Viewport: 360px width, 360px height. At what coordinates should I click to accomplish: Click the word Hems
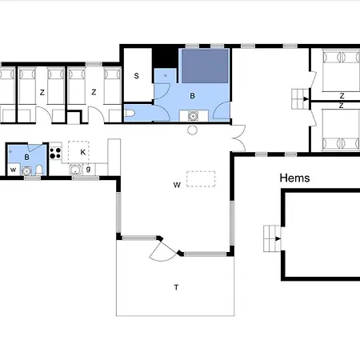coord(294,178)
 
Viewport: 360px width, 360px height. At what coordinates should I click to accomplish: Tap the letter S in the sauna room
coord(137,76)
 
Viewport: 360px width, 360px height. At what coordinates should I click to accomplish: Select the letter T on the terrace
coord(176,287)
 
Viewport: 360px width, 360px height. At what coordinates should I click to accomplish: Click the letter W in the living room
coord(177,185)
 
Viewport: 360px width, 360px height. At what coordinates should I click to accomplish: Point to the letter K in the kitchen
coord(83,152)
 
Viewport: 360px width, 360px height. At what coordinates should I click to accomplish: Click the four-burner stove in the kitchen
coord(55,154)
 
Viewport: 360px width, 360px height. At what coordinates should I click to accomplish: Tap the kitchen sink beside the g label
coord(76,170)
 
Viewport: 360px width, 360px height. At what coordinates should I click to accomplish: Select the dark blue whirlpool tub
coord(205,66)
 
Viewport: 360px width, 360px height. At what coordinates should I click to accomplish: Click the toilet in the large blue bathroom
coord(130,114)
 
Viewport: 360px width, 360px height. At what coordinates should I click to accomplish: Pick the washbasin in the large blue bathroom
coord(193,116)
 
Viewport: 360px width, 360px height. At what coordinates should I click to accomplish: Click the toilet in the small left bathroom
coord(39,170)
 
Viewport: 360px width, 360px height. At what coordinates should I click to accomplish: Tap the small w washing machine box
coord(14,170)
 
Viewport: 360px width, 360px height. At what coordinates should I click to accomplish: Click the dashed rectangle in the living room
coord(201,179)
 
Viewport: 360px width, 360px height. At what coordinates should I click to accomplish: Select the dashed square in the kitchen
coord(78,151)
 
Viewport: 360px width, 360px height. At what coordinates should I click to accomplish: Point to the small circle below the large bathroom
coord(192,130)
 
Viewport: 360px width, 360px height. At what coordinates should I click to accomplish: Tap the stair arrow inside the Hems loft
coord(278,238)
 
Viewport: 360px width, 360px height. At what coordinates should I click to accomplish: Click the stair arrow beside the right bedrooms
coord(306,99)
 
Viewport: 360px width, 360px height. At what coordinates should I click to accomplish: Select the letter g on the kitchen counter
coord(88,169)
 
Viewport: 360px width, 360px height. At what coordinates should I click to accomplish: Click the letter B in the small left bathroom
coord(26,158)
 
